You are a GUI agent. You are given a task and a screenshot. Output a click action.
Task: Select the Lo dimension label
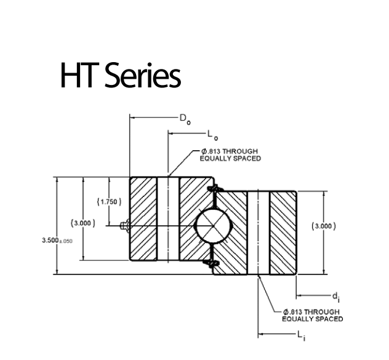[x=212, y=134]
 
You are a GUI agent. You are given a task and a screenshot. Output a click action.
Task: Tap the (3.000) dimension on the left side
[x=83, y=222]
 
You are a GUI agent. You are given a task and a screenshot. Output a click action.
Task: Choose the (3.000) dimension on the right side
[x=324, y=226]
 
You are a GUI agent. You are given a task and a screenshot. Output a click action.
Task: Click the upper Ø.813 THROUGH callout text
[x=229, y=151]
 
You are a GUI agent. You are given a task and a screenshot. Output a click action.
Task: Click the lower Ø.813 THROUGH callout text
[x=311, y=312]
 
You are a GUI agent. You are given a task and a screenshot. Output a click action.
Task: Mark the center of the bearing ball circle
[x=212, y=226]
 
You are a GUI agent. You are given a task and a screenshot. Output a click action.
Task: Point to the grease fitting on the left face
[x=124, y=226]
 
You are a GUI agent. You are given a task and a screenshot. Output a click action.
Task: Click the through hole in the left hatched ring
[x=168, y=218]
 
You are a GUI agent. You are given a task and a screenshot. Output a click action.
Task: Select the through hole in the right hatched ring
[x=259, y=233]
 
